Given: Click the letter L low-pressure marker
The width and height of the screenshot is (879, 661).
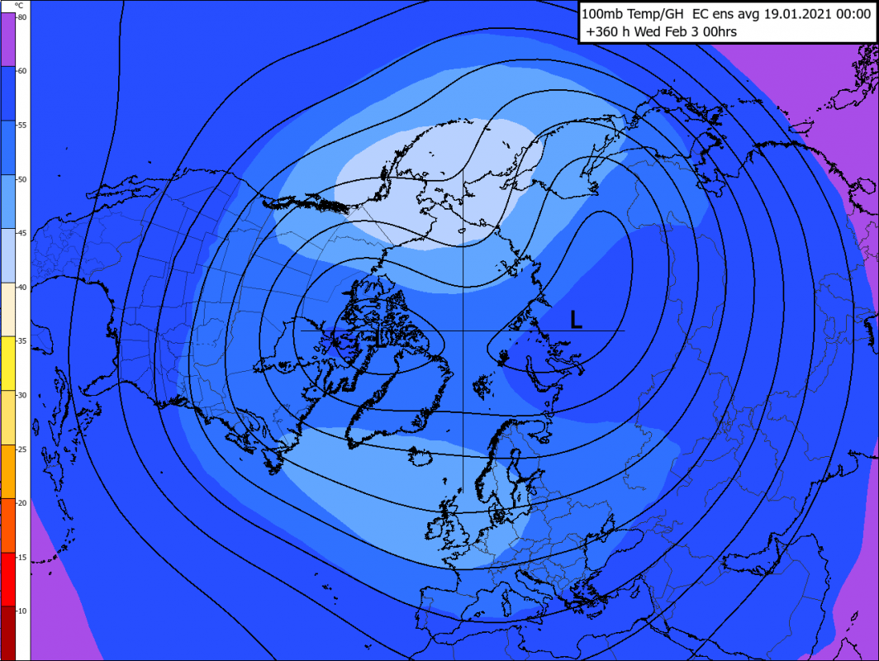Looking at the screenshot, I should pyautogui.click(x=577, y=320).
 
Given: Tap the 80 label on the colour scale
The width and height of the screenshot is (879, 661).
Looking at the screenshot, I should pyautogui.click(x=22, y=17).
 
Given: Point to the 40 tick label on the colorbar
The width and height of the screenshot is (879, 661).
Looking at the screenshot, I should pyautogui.click(x=22, y=287).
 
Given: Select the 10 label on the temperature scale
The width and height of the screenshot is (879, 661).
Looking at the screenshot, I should pyautogui.click(x=22, y=611).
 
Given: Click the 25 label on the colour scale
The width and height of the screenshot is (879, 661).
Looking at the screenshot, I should pyautogui.click(x=22, y=449).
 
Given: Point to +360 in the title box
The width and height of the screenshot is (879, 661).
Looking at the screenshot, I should pyautogui.click(x=604, y=32).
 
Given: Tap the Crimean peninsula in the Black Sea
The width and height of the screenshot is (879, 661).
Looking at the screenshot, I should pyautogui.click(x=602, y=579).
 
